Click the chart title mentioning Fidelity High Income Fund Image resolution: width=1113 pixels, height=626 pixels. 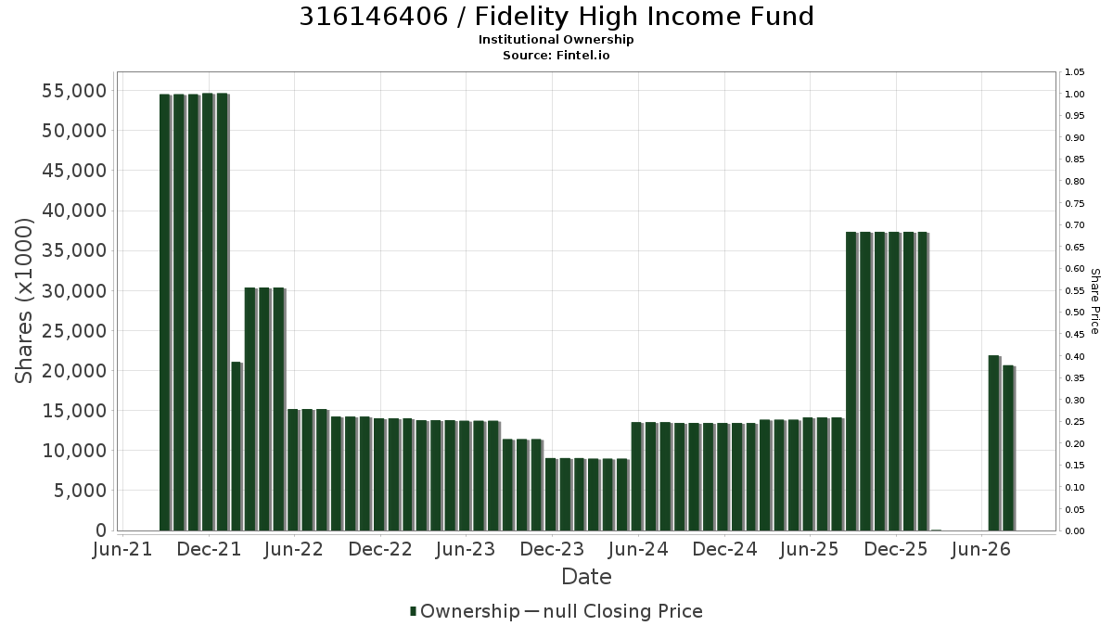click(x=556, y=17)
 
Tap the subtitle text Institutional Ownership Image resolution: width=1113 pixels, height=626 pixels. click(x=556, y=40)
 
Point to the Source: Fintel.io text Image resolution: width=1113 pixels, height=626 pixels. click(x=556, y=55)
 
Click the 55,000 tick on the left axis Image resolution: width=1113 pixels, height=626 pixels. click(x=74, y=91)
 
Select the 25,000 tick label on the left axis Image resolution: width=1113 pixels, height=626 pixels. click(x=74, y=331)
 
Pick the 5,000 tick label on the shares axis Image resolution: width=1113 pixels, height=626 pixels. click(x=81, y=491)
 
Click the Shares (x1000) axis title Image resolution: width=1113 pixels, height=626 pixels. click(x=24, y=301)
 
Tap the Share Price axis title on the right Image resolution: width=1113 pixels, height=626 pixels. click(x=1094, y=301)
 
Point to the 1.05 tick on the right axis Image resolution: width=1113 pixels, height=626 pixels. click(x=1074, y=72)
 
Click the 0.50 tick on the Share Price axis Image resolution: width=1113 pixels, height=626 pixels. click(x=1074, y=313)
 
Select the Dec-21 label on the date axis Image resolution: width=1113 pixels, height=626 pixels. click(x=210, y=549)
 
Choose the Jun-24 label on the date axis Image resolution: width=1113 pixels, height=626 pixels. click(x=638, y=549)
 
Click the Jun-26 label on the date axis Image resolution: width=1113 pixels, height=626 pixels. click(x=981, y=549)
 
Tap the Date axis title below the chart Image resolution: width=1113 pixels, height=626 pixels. click(x=586, y=577)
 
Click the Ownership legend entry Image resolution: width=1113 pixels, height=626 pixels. click(x=465, y=611)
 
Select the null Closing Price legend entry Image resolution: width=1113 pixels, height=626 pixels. click(x=614, y=611)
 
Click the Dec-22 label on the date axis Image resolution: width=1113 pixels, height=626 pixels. click(x=380, y=549)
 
